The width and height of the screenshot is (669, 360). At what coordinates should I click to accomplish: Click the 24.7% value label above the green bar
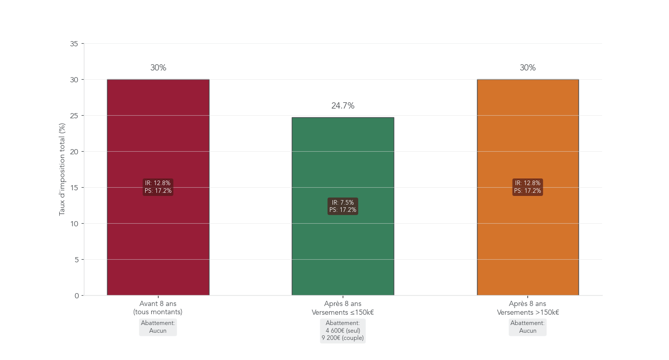click(343, 106)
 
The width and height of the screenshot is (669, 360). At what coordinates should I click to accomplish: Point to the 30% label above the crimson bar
click(158, 68)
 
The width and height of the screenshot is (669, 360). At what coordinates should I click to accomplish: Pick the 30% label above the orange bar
click(527, 68)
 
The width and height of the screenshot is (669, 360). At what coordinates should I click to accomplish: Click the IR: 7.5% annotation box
click(343, 206)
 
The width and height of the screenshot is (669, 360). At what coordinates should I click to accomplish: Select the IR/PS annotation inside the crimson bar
click(158, 187)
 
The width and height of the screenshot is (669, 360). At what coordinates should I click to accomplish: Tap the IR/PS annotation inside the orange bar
click(527, 187)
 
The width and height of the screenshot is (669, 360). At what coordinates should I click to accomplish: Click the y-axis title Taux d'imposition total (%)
click(62, 169)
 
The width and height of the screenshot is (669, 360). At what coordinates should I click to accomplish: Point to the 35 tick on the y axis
click(74, 44)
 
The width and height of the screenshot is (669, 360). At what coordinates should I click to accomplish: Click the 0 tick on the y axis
click(76, 296)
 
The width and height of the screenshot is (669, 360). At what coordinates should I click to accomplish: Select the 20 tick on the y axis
click(74, 152)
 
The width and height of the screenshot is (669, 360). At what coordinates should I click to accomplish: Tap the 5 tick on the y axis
click(76, 260)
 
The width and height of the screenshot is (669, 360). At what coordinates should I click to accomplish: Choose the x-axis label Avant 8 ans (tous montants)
click(158, 308)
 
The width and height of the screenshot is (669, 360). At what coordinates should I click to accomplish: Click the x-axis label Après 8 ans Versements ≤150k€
click(343, 308)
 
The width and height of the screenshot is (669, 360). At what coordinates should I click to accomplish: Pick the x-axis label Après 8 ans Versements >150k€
click(527, 308)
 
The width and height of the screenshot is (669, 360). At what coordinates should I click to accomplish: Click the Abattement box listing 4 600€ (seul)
click(343, 331)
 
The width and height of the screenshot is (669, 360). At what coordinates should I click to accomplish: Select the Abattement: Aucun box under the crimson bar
click(158, 327)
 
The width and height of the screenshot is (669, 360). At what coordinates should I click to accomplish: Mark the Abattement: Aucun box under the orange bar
click(527, 327)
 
